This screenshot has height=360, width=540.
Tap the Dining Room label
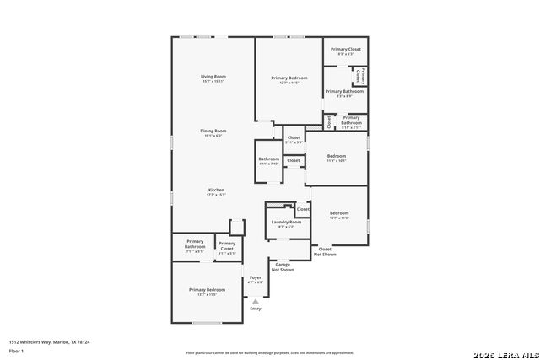click(213, 132)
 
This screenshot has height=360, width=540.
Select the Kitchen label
click(216, 191)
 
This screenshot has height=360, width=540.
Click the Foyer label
click(256, 279)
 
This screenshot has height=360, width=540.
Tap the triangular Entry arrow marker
click(256, 300)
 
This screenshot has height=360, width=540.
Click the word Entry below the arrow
click(256, 309)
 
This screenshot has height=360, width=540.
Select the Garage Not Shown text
click(283, 267)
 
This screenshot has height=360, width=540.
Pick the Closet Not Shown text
click(325, 251)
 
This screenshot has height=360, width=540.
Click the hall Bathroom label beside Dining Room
click(268, 160)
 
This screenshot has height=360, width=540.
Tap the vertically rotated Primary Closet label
click(359, 76)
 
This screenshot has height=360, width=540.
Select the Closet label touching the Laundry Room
click(302, 209)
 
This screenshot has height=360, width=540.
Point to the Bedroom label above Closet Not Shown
click(339, 214)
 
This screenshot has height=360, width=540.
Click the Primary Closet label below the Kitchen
click(227, 246)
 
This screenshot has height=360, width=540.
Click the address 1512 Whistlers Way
click(49, 342)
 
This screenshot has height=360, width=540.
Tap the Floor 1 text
click(17, 351)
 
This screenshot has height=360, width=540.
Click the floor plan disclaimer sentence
click(269, 352)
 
